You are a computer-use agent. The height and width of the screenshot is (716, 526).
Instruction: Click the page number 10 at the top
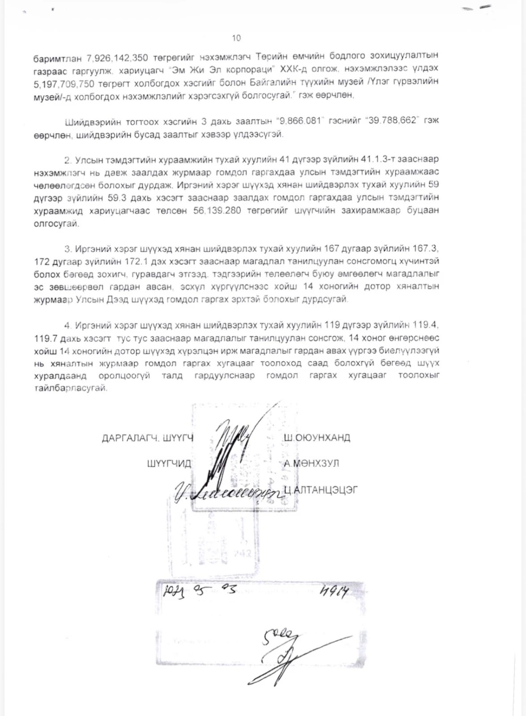tap(236, 38)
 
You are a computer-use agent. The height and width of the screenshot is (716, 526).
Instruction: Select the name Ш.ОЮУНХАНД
tap(317, 437)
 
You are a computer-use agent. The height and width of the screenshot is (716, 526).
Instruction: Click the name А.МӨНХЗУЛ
tap(311, 463)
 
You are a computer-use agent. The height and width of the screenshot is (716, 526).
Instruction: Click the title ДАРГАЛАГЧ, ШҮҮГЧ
tap(148, 438)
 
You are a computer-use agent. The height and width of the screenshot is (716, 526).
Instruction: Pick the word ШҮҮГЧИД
tap(169, 464)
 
